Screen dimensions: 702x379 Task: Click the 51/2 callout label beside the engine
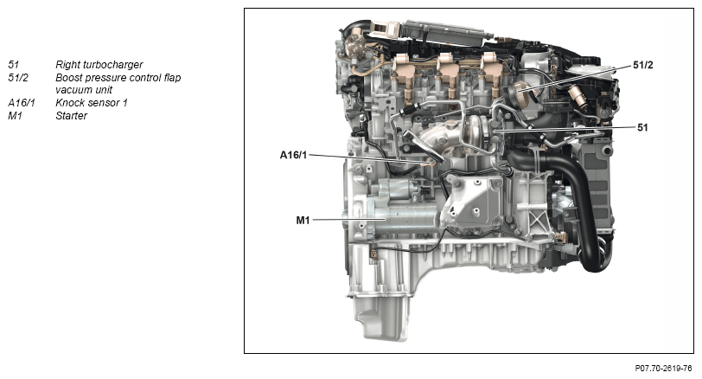(643, 66)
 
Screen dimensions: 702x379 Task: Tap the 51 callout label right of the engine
(642, 128)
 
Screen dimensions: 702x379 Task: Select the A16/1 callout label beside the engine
(293, 156)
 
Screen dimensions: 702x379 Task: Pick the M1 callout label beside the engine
(303, 220)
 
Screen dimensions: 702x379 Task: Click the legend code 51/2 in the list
(18, 78)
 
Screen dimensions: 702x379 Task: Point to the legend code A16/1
(21, 103)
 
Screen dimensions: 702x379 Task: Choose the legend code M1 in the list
(15, 116)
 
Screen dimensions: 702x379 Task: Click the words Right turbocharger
(99, 65)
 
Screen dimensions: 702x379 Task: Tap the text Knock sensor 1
(92, 103)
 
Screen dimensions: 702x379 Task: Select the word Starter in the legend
(71, 116)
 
